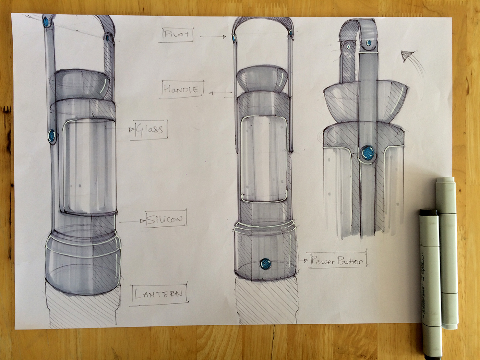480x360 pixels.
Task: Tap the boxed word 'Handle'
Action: pos(182,89)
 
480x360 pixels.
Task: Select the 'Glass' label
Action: pos(150,129)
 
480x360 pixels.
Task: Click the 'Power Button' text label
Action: pos(337,261)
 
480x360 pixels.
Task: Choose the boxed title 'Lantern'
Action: pos(158,294)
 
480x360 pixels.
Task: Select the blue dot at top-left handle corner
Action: pos(46,22)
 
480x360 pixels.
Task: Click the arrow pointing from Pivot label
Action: pos(213,36)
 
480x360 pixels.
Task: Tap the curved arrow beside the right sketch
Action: pos(408,57)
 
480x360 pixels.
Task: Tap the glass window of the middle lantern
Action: pos(263,158)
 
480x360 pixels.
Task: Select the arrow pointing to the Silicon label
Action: pos(132,221)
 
